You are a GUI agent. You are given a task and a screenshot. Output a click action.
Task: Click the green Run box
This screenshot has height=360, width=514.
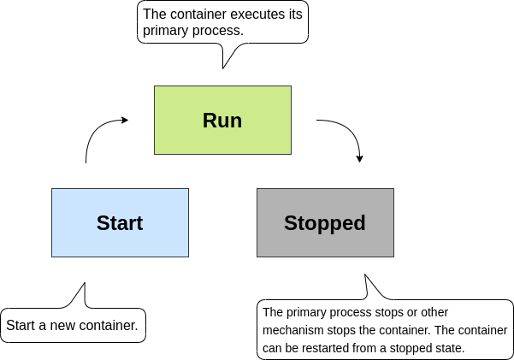pyautogui.click(x=222, y=120)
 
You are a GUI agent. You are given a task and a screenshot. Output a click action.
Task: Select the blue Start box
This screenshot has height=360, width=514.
pyautogui.click(x=120, y=222)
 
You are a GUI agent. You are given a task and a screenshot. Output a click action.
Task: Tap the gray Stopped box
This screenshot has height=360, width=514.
pyautogui.click(x=325, y=222)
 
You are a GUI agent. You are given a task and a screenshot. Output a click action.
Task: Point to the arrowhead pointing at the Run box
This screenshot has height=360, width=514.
pyautogui.click(x=124, y=121)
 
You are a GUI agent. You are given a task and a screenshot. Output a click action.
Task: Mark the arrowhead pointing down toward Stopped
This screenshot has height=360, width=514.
pyautogui.click(x=360, y=157)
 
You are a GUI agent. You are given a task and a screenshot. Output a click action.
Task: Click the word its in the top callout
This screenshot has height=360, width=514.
pyautogui.click(x=294, y=15)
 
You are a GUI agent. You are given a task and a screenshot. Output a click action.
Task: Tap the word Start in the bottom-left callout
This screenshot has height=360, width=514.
pyautogui.click(x=21, y=326)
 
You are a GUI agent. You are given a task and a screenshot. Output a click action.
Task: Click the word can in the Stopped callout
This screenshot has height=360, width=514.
pyautogui.click(x=273, y=348)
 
